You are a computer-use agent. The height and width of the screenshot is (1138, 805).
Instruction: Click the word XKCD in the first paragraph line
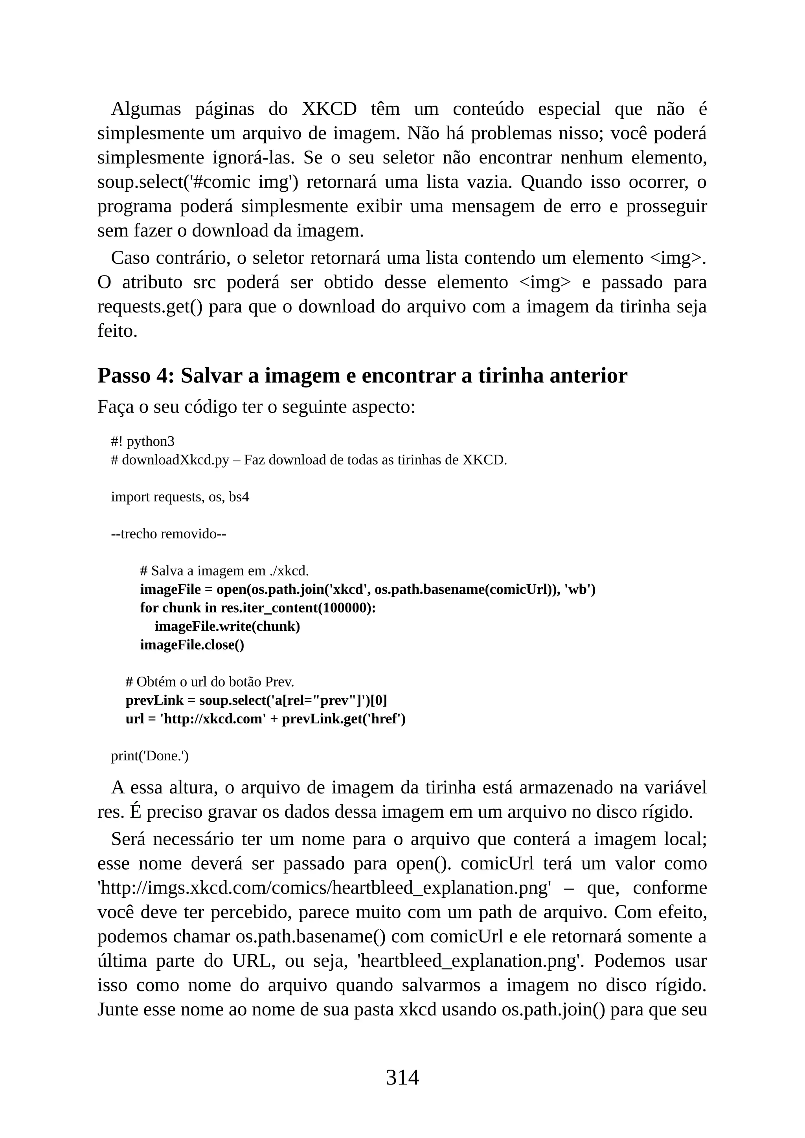pos(329,108)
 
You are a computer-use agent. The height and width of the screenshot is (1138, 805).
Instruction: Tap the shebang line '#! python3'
pos(143,441)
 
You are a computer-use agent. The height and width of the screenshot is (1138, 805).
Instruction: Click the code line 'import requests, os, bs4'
pos(180,497)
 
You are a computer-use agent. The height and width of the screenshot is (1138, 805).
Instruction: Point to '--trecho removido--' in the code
pos(169,534)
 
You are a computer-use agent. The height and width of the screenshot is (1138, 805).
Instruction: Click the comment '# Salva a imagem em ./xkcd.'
pos(224,571)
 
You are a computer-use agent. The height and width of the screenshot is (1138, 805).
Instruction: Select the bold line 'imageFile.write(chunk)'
pos(227,626)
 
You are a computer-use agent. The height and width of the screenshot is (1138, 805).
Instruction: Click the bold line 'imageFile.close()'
pos(192,645)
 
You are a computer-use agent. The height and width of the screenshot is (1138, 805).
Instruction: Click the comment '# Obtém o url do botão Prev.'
pos(210,682)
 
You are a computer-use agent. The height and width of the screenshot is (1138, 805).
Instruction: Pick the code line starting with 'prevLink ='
pos(256,700)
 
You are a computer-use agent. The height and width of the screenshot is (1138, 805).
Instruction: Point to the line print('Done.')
pos(150,756)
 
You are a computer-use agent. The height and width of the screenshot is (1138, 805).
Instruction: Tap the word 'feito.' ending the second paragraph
pos(117,331)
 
